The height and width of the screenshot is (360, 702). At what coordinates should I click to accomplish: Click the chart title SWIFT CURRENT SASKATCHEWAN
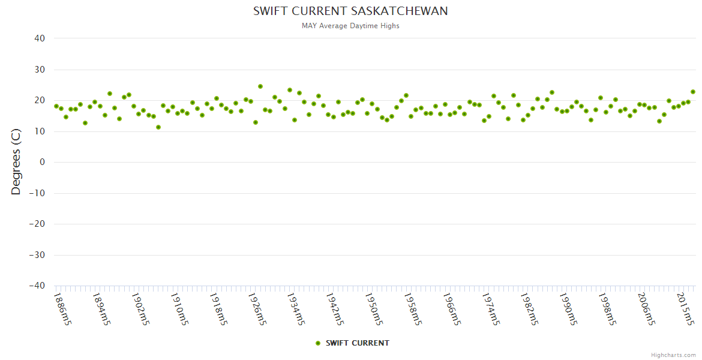coord(350,11)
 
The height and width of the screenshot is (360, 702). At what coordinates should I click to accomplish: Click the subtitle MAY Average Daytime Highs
coord(350,26)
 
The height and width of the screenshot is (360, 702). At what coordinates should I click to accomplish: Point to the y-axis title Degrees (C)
coord(16,162)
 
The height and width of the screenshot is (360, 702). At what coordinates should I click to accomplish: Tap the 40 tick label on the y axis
coord(40,38)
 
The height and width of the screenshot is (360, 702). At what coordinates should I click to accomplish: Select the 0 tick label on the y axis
coord(42,162)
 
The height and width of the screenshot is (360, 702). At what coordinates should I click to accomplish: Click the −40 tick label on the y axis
coord(37,286)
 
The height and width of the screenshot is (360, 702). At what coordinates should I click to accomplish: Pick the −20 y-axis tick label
coord(37,224)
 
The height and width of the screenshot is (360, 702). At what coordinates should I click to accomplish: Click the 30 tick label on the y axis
coord(40,70)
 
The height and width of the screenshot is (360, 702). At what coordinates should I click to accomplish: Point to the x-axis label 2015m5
coord(688,308)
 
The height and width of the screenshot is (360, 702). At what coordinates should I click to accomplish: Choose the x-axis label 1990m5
coord(567,308)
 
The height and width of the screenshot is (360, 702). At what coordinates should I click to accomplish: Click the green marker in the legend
coord(318,343)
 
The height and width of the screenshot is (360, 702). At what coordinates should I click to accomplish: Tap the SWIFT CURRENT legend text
coord(358,343)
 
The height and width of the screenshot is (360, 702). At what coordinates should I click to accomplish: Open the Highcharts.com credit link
coord(673,355)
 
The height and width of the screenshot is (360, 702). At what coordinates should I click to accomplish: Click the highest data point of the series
coord(260,86)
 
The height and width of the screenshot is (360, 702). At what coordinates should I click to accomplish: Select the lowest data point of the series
coord(158,127)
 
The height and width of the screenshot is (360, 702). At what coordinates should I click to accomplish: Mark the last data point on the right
coord(693,92)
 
